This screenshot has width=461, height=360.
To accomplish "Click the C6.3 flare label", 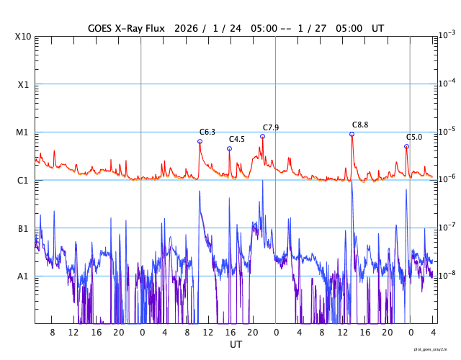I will point(207,132).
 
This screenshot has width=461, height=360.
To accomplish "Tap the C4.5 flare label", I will point(237,139).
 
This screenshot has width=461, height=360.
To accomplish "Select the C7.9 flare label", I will point(271,127).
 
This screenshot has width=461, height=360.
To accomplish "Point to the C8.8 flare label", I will point(360,125).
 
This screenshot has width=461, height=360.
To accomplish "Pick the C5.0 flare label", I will point(414,137).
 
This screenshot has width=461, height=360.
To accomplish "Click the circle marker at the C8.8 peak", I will point(352,134).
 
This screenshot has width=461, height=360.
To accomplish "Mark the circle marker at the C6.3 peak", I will point(200,141).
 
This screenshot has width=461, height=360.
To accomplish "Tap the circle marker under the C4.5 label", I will point(229,149).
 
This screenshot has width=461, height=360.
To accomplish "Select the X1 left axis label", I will point(23,84).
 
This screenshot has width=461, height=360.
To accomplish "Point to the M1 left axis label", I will point(23,132).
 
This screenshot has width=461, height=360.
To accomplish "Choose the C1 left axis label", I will point(23,180).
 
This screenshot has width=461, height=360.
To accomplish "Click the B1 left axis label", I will point(23,228).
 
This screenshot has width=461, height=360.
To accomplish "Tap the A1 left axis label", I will point(23,276).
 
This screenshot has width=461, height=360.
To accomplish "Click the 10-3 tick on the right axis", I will point(447,35).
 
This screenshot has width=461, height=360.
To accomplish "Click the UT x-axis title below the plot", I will point(236,345).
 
